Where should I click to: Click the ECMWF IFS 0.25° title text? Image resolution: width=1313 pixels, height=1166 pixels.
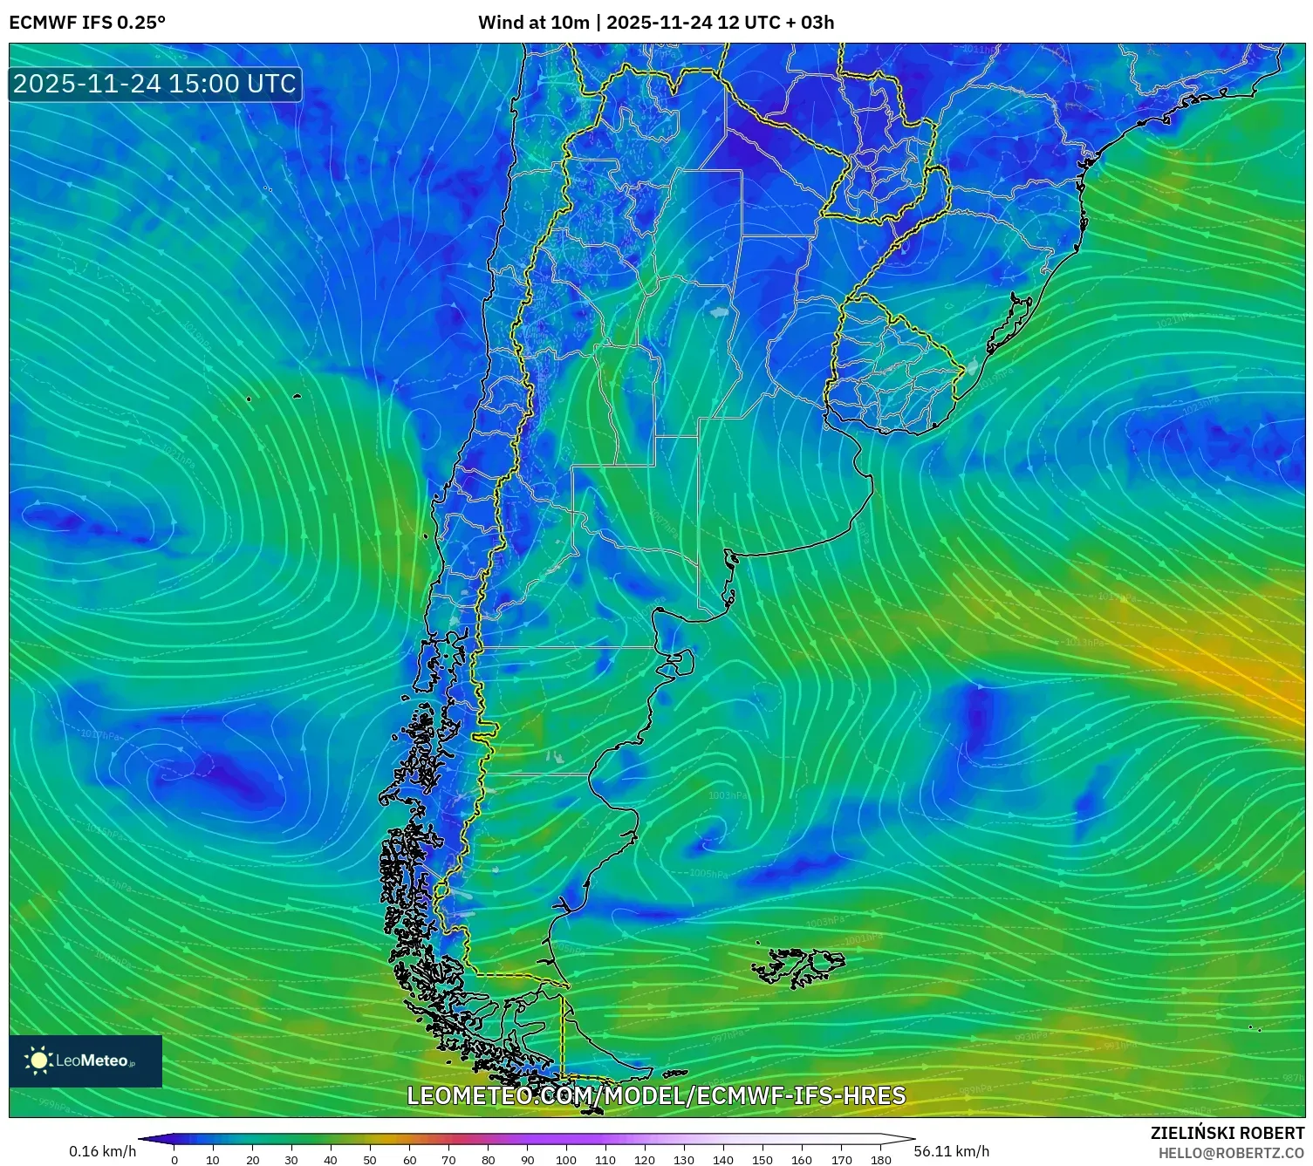tap(87, 23)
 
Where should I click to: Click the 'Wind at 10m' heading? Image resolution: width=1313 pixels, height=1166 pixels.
tap(533, 23)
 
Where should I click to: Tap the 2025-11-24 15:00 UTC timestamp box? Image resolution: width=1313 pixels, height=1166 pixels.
tap(154, 84)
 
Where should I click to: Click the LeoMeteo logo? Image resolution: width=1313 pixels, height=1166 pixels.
tap(85, 1060)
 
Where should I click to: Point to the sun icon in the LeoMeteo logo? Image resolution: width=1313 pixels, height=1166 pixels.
tap(38, 1060)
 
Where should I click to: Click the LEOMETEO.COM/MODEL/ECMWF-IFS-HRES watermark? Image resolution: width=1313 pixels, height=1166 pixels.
tap(656, 1095)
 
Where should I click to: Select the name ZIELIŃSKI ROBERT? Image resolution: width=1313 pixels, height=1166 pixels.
tap(1227, 1133)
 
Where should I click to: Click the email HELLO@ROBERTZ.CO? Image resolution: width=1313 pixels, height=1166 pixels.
tap(1230, 1153)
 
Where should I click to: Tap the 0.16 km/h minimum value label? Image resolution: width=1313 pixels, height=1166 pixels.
tap(103, 1151)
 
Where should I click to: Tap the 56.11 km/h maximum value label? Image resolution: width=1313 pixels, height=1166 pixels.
tap(951, 1151)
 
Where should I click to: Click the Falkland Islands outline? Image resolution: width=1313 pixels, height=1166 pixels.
tap(798, 966)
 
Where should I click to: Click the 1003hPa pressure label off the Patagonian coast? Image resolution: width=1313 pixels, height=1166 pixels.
tap(727, 795)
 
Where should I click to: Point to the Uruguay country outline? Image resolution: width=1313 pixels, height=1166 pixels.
tap(894, 366)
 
